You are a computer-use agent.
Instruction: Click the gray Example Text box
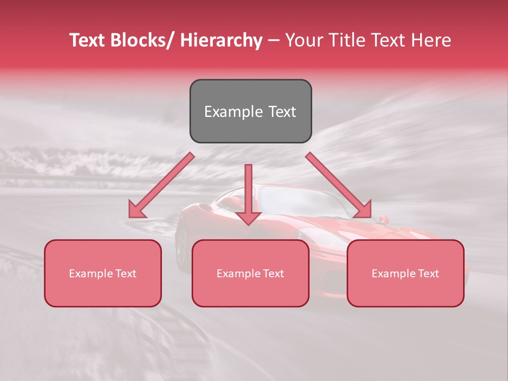point(250,111)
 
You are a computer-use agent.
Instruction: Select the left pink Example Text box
point(103,273)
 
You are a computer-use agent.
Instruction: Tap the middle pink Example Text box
point(250,273)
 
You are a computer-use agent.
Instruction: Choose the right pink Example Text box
point(405,273)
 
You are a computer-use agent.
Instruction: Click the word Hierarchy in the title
point(221,40)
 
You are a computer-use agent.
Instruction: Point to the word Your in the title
point(303,40)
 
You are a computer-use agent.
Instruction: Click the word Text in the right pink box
point(428,273)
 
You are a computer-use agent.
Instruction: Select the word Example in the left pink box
point(90,274)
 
